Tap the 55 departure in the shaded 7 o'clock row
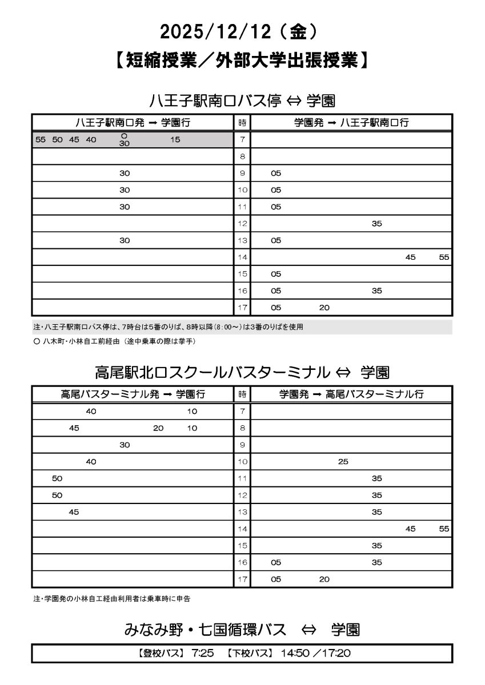point(40,140)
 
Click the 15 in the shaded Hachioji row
point(175,140)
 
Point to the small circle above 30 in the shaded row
point(125,136)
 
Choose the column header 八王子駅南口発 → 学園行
point(133,122)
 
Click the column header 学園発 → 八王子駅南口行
point(351,122)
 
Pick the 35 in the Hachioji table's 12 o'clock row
point(376,224)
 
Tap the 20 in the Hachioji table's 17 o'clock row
point(324,308)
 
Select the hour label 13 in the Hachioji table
point(242,240)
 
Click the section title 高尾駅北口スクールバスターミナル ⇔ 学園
point(242,373)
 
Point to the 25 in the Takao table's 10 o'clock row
point(343,462)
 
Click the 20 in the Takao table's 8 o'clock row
point(158,428)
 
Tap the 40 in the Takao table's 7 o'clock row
point(91,411)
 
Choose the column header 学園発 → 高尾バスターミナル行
point(351,394)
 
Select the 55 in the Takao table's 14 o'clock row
point(444,529)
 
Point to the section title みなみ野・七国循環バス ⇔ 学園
point(242,630)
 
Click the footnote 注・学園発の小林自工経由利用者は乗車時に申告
point(112,599)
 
